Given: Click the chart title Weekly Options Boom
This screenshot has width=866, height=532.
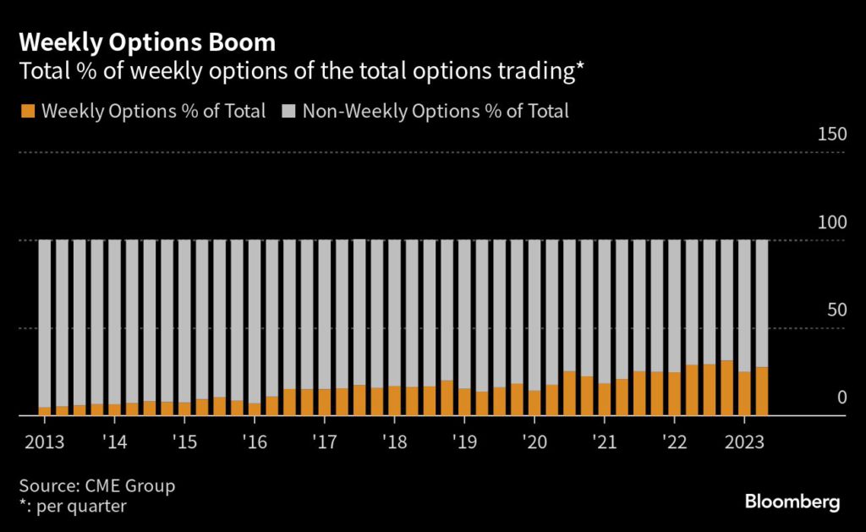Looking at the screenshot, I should (146, 41).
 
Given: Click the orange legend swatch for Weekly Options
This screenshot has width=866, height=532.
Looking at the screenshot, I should (28, 111).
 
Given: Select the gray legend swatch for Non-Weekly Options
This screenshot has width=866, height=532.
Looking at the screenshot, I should (288, 111).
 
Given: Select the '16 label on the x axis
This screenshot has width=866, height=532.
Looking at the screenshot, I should (255, 442).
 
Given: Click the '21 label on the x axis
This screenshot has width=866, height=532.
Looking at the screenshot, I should (605, 442).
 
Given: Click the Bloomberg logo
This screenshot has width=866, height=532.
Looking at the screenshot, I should (792, 502).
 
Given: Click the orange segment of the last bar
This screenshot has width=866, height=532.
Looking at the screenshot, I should (761, 392).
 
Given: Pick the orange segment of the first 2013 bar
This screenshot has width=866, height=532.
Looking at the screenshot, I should (44, 411).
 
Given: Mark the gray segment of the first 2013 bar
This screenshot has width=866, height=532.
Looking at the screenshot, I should (44, 321).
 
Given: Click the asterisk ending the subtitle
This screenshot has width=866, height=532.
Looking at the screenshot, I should (580, 69).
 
